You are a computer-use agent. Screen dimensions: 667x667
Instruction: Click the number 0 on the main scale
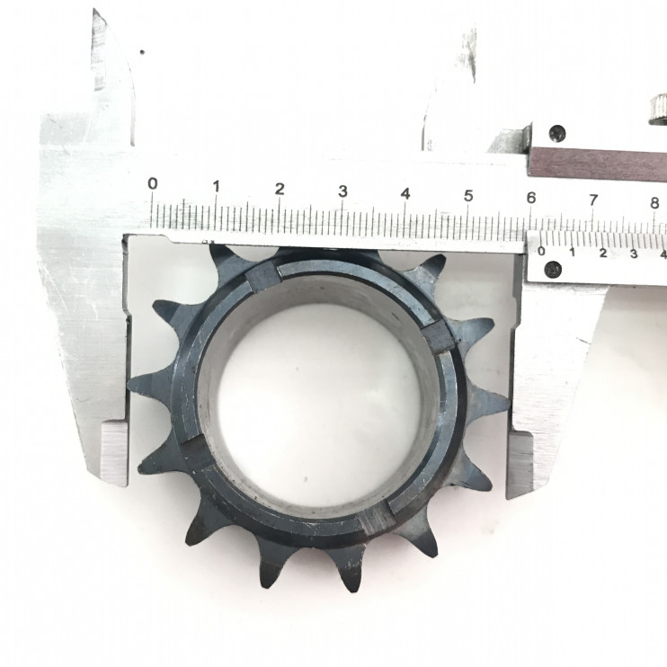coord(153,183)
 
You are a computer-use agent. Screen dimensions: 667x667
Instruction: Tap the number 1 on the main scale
coord(216,186)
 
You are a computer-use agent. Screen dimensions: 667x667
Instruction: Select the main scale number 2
coord(279,189)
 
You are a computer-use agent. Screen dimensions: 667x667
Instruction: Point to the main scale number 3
coord(342,191)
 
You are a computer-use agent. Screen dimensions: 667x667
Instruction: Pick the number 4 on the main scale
coord(405,194)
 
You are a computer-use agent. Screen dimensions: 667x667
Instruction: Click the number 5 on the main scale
coord(468,196)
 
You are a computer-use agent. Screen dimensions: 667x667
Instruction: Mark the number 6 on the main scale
coord(531,198)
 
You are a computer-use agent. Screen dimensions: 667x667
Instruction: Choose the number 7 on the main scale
coord(593,200)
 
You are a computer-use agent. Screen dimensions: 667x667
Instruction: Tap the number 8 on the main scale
coord(654,203)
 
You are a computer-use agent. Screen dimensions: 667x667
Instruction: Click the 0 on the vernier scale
coord(541,251)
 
